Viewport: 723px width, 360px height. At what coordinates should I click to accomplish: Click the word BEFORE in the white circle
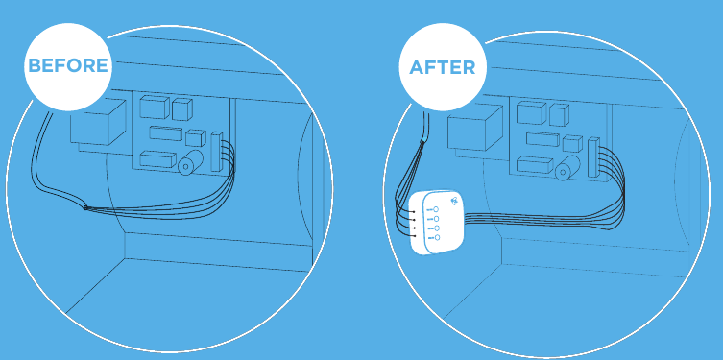click(x=68, y=66)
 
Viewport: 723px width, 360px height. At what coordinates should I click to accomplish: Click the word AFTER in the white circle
click(x=442, y=68)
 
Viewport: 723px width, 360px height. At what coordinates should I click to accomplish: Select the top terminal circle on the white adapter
click(x=436, y=208)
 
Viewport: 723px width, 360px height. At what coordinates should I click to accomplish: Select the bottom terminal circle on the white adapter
click(x=436, y=237)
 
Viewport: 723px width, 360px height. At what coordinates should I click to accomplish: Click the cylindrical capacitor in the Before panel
click(x=185, y=164)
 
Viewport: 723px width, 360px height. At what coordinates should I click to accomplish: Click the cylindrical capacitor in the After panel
click(x=564, y=170)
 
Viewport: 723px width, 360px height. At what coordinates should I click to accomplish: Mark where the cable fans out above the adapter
click(x=422, y=144)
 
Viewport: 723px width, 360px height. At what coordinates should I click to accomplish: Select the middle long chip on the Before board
click(x=163, y=132)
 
